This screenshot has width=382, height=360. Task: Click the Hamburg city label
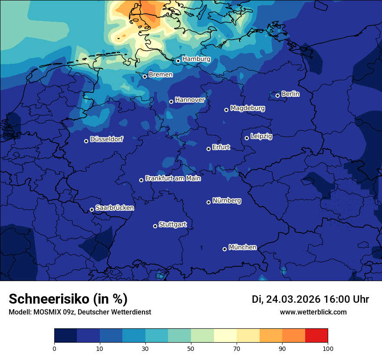196,59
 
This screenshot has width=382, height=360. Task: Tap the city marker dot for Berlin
277,95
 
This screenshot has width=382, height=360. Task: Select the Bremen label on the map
161,75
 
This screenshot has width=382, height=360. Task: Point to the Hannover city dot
171,101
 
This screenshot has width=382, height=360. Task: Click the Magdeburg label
247,108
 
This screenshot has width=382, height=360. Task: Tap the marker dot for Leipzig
247,138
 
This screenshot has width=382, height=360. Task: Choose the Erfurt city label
221,147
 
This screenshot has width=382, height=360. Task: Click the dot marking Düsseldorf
86,141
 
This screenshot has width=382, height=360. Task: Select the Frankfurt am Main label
173,178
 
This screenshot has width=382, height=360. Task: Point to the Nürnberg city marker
208,202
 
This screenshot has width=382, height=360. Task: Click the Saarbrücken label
115,208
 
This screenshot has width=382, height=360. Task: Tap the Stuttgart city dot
155,226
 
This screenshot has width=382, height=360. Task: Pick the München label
242,247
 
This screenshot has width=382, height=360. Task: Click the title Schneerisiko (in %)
68,299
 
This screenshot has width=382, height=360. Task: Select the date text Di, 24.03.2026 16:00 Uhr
310,299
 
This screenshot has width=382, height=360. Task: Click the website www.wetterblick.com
313,312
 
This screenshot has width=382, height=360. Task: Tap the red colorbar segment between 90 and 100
316,336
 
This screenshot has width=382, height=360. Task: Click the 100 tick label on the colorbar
328,348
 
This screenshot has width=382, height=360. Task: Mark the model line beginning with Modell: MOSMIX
80,312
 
